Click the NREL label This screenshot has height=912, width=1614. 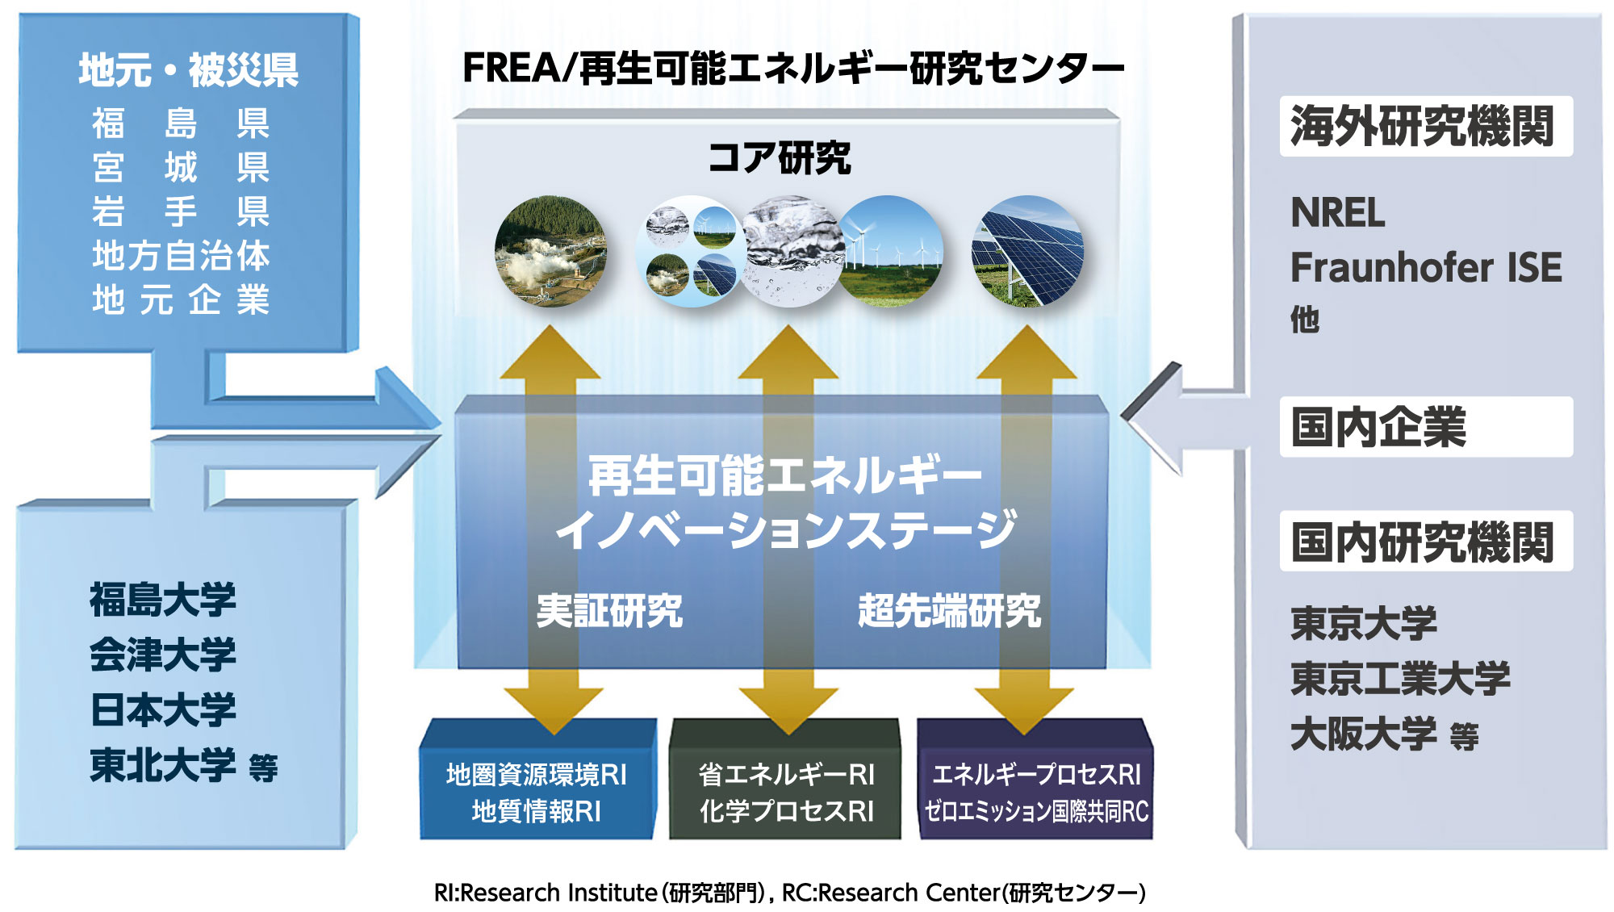1337,212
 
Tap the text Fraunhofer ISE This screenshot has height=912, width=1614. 1426,267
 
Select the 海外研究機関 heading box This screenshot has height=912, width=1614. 1426,126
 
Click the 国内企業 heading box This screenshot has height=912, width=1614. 1426,427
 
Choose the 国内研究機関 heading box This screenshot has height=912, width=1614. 1426,541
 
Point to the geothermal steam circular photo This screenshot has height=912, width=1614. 550,251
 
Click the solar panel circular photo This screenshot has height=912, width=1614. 1027,251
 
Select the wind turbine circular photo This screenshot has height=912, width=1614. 892,251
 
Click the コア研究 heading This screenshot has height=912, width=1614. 780,157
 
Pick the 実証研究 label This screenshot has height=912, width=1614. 609,610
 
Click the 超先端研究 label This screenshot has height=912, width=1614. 949,610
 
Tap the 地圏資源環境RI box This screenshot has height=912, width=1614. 537,780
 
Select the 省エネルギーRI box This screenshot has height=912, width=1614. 785,780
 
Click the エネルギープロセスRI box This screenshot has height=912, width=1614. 1035,780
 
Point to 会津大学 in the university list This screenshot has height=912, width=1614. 163,654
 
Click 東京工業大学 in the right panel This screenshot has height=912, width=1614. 1400,678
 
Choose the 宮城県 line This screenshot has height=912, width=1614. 181,167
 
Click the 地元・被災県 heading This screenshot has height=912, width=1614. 189,70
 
